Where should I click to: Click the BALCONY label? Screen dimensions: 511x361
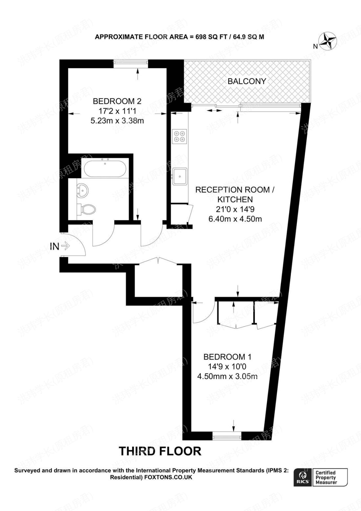(x=247, y=81)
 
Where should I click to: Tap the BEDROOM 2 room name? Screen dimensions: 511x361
(x=117, y=101)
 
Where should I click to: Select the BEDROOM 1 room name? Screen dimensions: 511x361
(x=227, y=357)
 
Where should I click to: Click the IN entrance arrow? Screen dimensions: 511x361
(x=65, y=246)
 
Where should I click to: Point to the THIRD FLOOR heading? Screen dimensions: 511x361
(x=160, y=451)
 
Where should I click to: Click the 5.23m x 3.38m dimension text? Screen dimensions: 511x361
(x=117, y=121)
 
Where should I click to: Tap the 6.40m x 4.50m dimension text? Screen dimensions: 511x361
(x=235, y=219)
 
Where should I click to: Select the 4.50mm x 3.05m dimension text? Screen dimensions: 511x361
(x=227, y=376)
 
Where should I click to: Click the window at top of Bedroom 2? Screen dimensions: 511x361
(x=131, y=63)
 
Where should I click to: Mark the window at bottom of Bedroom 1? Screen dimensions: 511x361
(x=227, y=436)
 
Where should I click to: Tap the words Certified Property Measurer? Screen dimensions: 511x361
(x=326, y=477)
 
